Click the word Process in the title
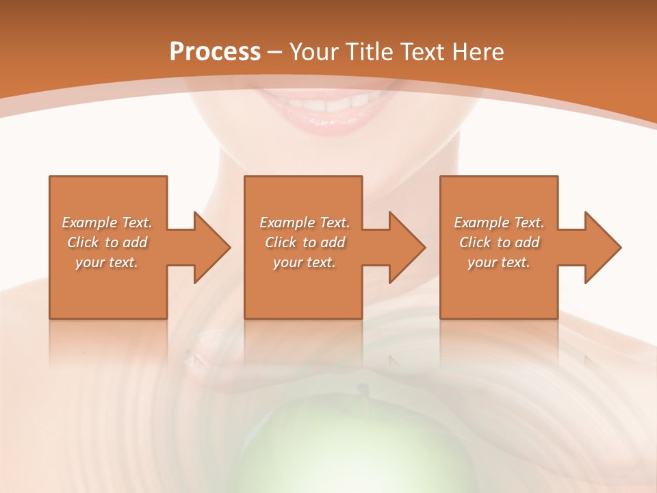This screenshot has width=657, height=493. click(215, 51)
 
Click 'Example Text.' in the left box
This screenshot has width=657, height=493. click(107, 223)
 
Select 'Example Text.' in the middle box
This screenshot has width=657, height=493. click(305, 223)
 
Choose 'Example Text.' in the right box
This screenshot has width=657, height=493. click(499, 223)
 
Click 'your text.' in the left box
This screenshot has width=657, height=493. click(107, 262)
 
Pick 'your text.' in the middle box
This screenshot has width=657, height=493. click(305, 262)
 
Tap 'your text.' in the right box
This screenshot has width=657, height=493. click(499, 262)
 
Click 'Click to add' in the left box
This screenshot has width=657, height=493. click(107, 242)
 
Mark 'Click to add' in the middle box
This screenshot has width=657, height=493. click(305, 242)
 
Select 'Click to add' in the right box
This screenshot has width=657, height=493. click(499, 242)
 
